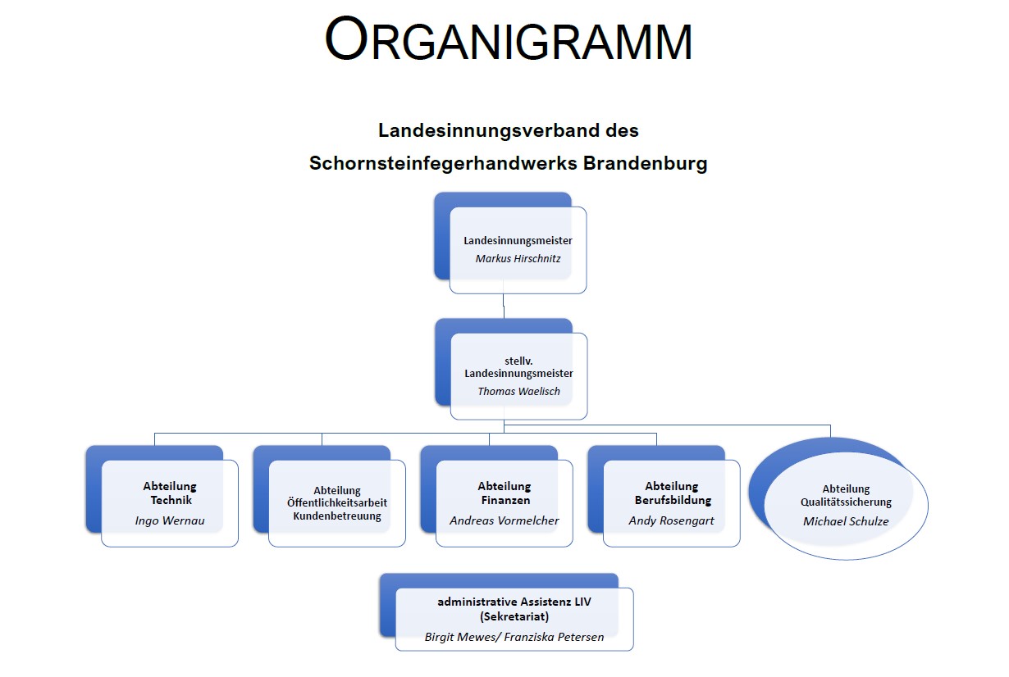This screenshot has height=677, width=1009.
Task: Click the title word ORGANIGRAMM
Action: pyautogui.click(x=508, y=39)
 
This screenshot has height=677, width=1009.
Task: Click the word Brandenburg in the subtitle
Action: pyautogui.click(x=646, y=163)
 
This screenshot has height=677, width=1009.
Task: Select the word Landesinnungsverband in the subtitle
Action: pyautogui.click(x=482, y=130)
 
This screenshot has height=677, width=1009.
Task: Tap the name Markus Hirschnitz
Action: pyautogui.click(x=518, y=258)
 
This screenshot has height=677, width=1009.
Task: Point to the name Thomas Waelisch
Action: pyautogui.click(x=519, y=391)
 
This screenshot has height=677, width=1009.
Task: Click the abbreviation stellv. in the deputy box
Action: pyautogui.click(x=518, y=361)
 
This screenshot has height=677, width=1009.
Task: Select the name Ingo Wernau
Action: pyautogui.click(x=170, y=520)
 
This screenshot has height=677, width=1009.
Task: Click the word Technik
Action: pyautogui.click(x=171, y=500)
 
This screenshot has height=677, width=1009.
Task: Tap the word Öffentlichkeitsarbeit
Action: pyautogui.click(x=337, y=502)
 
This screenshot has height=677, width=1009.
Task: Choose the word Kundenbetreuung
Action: pyautogui.click(x=337, y=516)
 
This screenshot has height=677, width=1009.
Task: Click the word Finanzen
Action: pyautogui.click(x=505, y=500)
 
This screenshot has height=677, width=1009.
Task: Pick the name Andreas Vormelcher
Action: pyautogui.click(x=504, y=520)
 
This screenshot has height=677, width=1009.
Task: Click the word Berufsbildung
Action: pyautogui.click(x=673, y=500)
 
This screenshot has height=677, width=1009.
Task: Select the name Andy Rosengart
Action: pyautogui.click(x=671, y=520)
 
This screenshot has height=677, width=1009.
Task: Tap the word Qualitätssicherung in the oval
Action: pyautogui.click(x=846, y=502)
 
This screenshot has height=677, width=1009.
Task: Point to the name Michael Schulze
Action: pyautogui.click(x=846, y=521)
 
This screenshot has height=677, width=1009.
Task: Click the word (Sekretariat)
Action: pyautogui.click(x=514, y=616)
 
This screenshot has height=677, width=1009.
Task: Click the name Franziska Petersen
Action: pyautogui.click(x=554, y=637)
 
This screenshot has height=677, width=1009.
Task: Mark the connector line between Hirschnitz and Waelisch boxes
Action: pyautogui.click(x=504, y=306)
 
